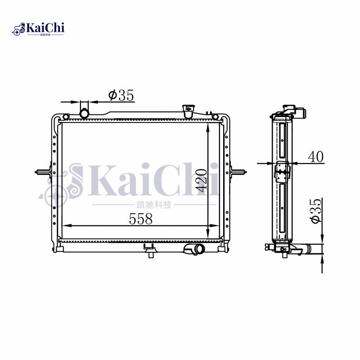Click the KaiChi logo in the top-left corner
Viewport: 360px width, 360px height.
coord(38,29)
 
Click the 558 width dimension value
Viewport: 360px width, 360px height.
coord(141,219)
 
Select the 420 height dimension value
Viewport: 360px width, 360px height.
coord(201,180)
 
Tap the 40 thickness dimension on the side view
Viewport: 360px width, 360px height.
coord(315,157)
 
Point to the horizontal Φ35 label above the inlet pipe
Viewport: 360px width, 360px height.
coord(121,95)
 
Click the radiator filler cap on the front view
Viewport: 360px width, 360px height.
coord(187,109)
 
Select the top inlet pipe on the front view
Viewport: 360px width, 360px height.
coord(84,111)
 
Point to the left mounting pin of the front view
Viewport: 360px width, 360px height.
coord(43,172)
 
